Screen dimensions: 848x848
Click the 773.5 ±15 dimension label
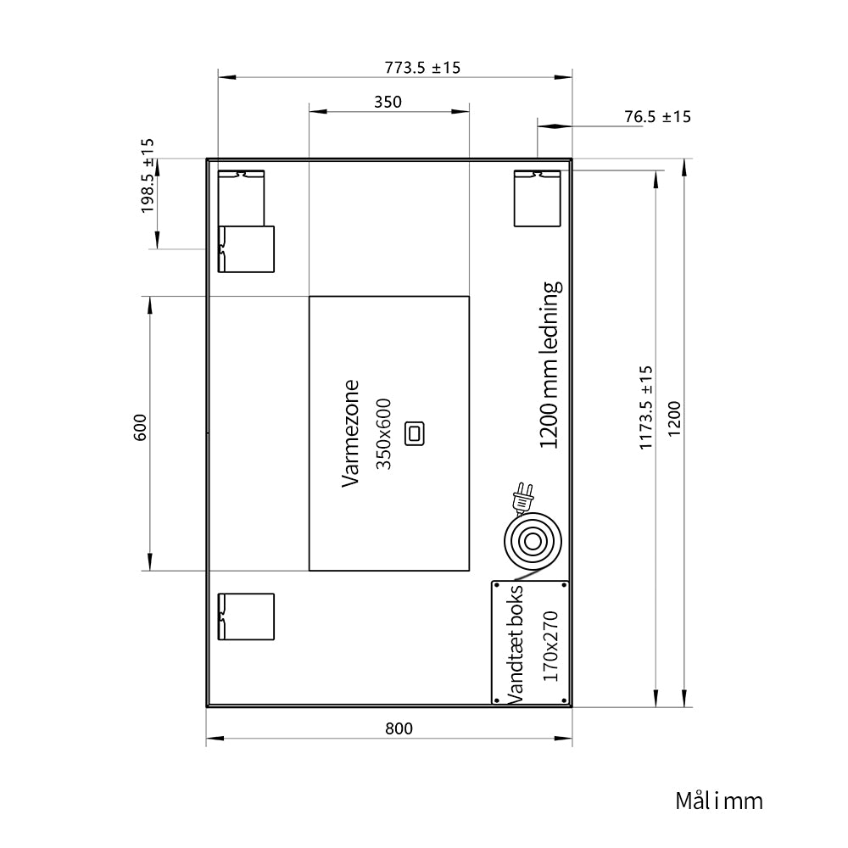[x=422, y=68]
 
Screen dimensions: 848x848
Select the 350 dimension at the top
[x=388, y=102]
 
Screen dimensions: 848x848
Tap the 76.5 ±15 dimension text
[x=658, y=117]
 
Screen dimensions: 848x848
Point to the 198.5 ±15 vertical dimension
[x=148, y=176]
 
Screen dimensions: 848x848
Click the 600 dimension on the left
[x=140, y=427]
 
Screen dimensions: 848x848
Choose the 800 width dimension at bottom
[x=399, y=728]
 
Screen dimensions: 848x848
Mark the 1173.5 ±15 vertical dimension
[x=646, y=407]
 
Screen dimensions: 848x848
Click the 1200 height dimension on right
[x=674, y=419]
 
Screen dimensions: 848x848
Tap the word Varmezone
[x=350, y=433]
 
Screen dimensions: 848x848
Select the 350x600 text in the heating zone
[x=383, y=433]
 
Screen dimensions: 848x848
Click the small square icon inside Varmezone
[x=415, y=433]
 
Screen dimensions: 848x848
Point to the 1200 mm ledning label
[x=550, y=365]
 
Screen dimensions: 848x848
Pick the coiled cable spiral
[x=533, y=542]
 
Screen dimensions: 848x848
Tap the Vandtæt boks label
[x=515, y=644]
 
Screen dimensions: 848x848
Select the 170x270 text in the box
[x=550, y=646]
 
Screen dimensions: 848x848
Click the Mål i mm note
[x=719, y=801]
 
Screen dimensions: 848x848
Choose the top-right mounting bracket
[x=537, y=198]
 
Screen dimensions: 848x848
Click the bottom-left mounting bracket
[x=246, y=616]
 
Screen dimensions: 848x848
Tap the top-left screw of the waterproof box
[x=497, y=586]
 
